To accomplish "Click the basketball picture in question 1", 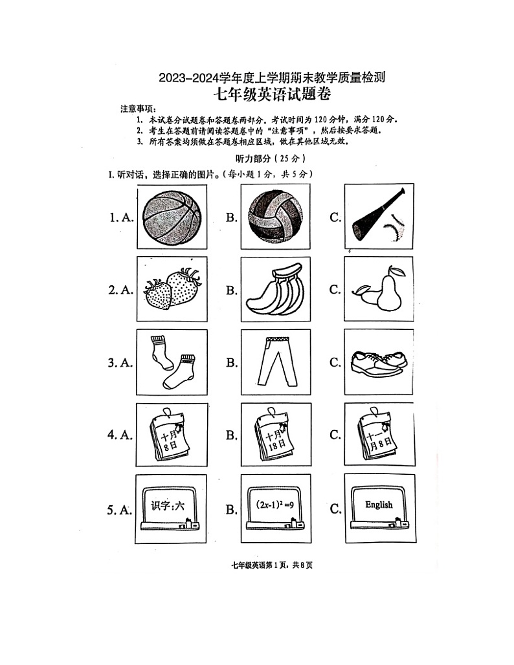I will (172, 216).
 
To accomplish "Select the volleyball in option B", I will (275, 216).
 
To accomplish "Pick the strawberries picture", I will (172, 289).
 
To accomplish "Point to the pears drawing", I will (379, 289).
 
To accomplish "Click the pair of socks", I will (172, 362).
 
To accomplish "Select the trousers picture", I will (275, 362).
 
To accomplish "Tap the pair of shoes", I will (379, 362).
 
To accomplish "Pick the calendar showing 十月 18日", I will (275, 435).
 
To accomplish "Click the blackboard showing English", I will (379, 508).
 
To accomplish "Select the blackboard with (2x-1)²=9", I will (275, 508).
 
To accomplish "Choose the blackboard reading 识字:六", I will (172, 508).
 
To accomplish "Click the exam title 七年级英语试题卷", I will (272, 95).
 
